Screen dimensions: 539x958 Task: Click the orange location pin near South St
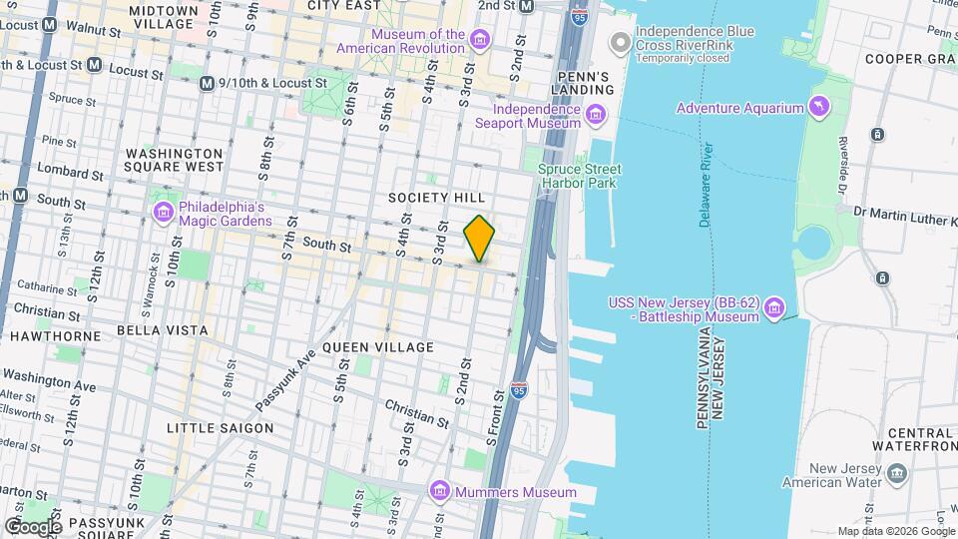(x=479, y=238)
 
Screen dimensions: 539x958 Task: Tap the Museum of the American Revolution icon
(x=481, y=40)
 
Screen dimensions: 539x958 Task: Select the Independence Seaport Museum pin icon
(x=596, y=115)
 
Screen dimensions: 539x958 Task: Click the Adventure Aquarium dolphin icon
(x=819, y=107)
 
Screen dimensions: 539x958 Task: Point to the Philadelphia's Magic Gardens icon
(x=163, y=212)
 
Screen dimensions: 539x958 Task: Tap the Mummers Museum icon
(x=438, y=492)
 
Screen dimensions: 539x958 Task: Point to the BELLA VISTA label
(x=163, y=330)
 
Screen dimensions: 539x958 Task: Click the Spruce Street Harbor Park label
(x=579, y=177)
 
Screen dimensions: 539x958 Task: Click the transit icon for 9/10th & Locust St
(x=207, y=84)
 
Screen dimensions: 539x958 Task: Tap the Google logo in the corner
(x=33, y=526)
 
